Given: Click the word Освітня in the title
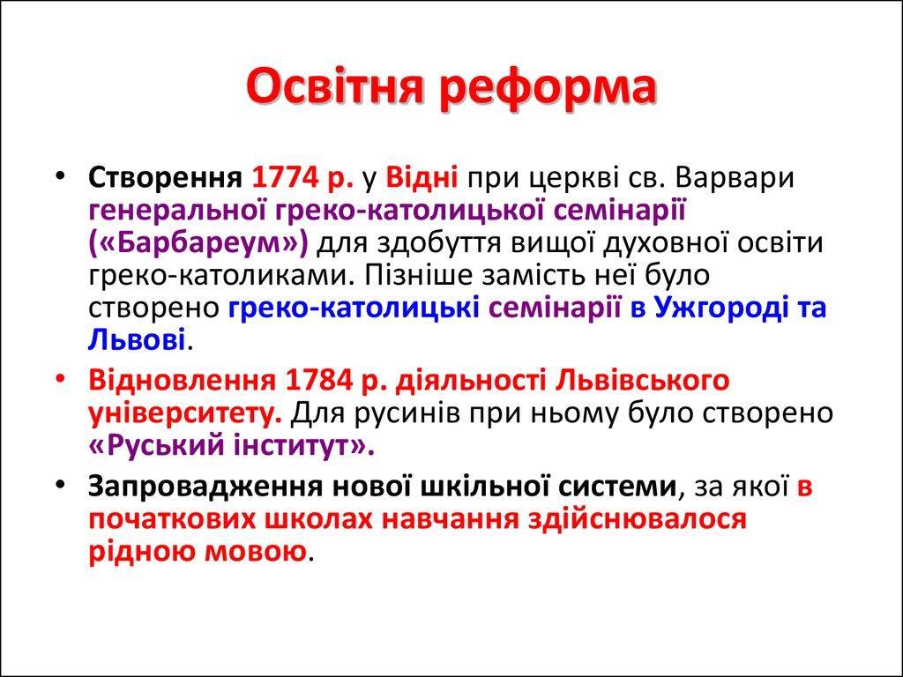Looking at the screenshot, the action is click(335, 87).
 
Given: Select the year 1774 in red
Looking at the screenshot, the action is click(286, 178).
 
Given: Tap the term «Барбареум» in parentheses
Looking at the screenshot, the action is click(198, 244).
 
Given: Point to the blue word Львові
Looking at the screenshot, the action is click(137, 340).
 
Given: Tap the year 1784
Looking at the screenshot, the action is click(317, 381).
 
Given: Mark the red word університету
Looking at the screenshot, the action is click(185, 414).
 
